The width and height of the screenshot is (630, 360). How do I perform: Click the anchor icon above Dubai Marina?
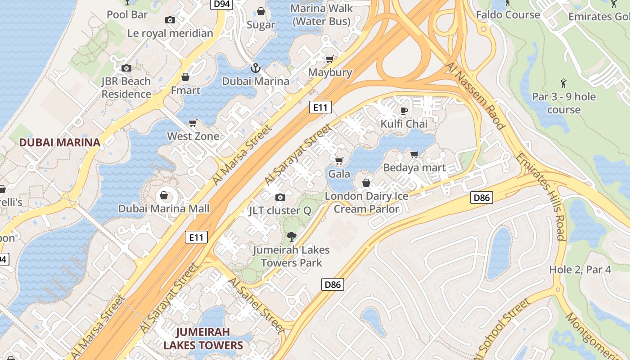pos(255,68)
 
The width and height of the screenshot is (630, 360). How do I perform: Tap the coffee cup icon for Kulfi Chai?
pos(404,111)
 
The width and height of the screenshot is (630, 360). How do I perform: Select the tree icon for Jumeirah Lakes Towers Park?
pos(292,237)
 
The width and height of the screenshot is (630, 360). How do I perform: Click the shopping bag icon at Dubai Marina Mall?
pos(164,196)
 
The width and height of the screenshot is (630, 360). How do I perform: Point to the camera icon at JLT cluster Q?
pos(280,197)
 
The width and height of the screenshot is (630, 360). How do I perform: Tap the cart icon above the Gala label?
pos(339,161)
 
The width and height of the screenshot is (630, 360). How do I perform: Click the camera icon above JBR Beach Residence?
pos(126,68)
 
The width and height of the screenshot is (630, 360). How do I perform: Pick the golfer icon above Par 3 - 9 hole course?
pos(563,83)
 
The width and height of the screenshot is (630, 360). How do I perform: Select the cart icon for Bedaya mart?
pos(414,155)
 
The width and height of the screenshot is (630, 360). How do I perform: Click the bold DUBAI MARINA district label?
pos(59,143)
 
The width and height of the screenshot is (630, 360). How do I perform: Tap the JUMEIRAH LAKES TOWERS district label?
pos(203,338)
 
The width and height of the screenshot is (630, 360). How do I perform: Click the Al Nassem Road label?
pos(474,95)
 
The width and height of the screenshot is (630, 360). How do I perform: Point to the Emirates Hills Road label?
pos(540,196)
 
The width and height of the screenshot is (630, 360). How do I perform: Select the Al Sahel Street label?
pos(256,305)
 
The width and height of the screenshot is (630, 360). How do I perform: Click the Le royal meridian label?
pos(170,33)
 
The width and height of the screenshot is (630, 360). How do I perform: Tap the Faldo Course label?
pos(508,15)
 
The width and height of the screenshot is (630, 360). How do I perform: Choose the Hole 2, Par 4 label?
pos(580,270)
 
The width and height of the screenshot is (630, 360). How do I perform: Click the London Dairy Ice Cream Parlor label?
pos(366,202)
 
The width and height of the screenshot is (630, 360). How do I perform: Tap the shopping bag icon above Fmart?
pos(185,77)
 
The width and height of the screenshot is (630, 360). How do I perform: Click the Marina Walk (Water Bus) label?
pos(321,15)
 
